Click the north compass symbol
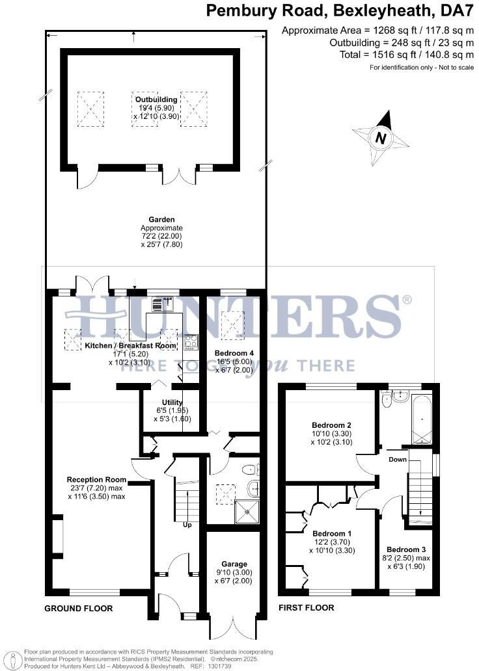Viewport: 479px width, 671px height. pos(381,138)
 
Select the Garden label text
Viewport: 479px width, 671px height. pos(161,220)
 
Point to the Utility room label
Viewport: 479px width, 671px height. pos(168,402)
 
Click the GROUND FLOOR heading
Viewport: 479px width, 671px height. pos(78,609)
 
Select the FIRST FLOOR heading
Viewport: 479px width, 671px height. pos(306,608)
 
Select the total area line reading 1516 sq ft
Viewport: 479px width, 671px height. pos(406,55)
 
